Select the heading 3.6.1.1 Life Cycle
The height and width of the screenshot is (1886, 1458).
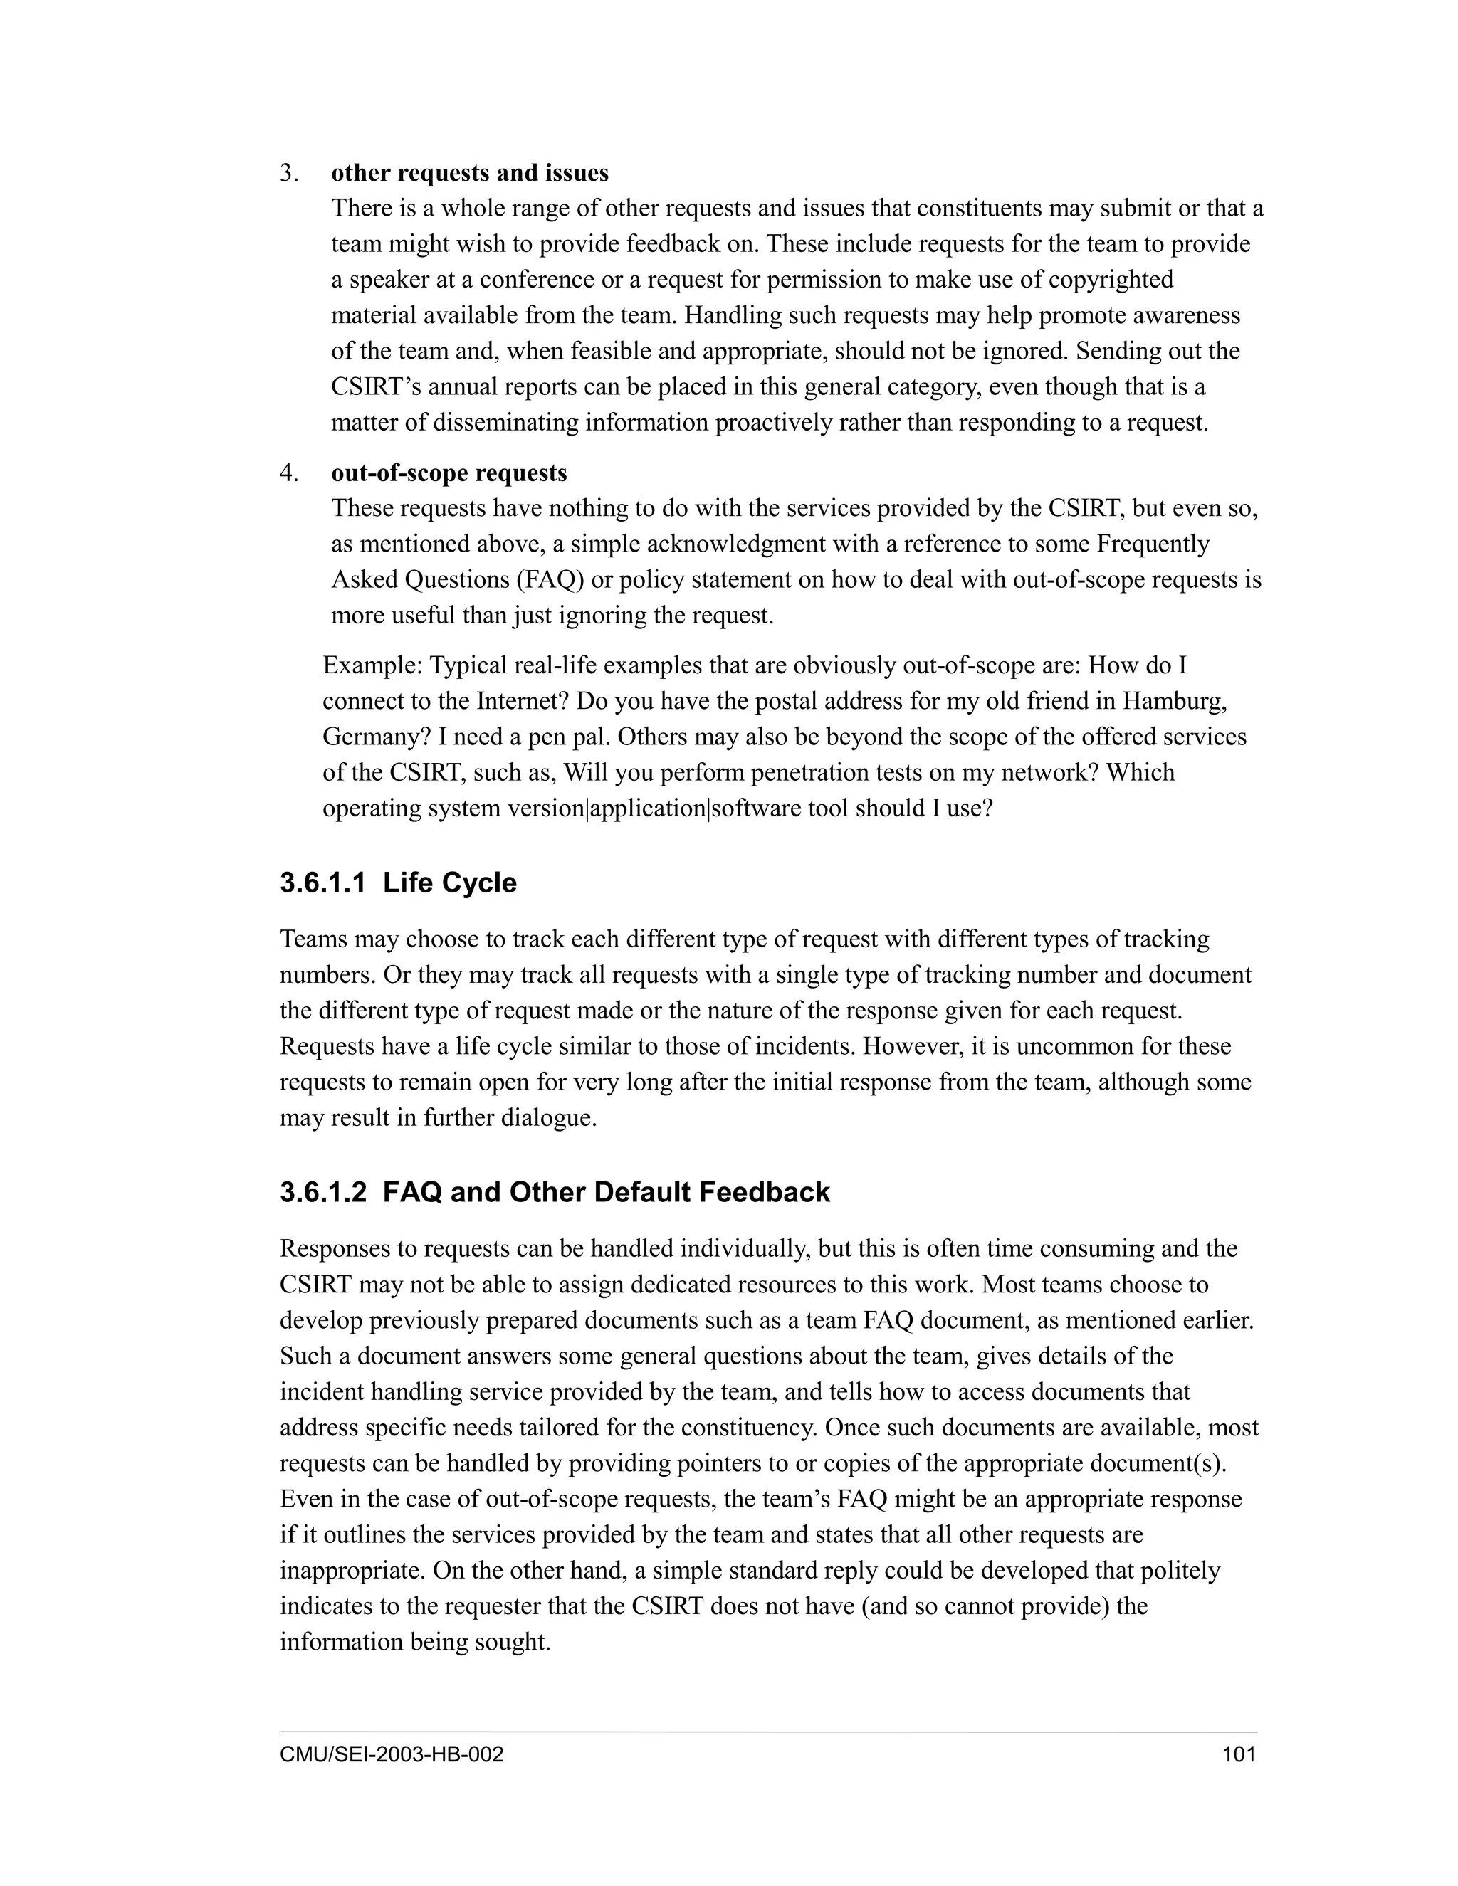click(397, 883)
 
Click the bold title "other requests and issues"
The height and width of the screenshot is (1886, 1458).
click(469, 173)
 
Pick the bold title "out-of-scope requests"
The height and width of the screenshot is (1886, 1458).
click(449, 473)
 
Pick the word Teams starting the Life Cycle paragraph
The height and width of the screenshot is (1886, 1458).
click(312, 939)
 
